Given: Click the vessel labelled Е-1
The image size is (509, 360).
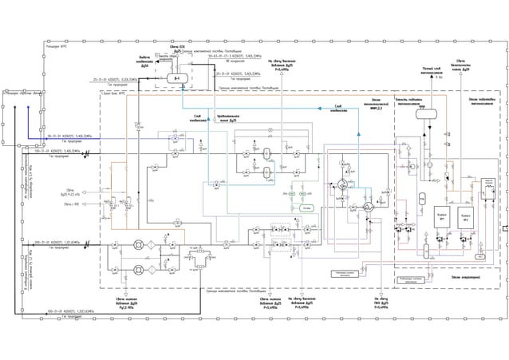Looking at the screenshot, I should pyautogui.click(x=177, y=78).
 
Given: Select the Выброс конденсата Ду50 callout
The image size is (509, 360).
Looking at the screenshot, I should pyautogui.click(x=144, y=59).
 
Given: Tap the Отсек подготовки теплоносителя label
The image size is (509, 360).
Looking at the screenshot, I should pyautogui.click(x=482, y=101).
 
